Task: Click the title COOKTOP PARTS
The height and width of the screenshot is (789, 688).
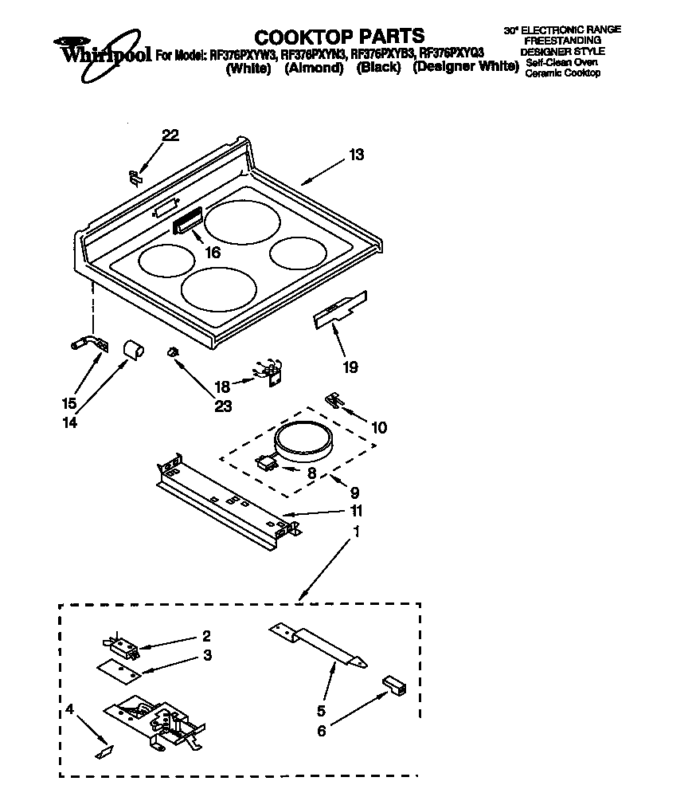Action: [x=338, y=36]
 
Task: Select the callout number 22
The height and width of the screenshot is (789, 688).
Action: [x=170, y=135]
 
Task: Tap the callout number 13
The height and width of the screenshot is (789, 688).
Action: [x=356, y=155]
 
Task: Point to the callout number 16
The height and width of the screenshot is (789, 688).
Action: [x=213, y=253]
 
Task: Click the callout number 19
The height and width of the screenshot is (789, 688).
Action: [x=350, y=367]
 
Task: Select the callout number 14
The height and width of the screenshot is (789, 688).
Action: [x=69, y=423]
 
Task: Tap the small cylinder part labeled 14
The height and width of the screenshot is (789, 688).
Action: [x=133, y=348]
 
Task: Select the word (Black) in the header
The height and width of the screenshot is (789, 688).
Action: [x=378, y=69]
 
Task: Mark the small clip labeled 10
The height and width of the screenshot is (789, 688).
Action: [x=335, y=401]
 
